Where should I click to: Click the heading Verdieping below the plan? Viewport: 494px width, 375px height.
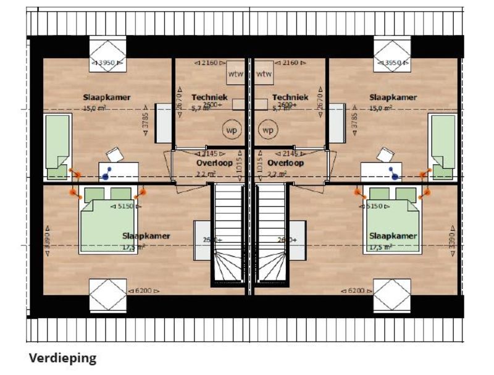(62, 358)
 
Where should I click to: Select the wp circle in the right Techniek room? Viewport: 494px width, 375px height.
(267, 130)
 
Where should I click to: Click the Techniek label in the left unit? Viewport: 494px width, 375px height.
(210, 97)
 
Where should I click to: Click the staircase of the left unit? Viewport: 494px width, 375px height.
(229, 235)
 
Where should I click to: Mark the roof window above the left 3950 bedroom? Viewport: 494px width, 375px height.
(107, 47)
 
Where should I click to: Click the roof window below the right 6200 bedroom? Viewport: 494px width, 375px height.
(391, 295)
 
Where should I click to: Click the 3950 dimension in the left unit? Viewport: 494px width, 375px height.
(107, 62)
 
